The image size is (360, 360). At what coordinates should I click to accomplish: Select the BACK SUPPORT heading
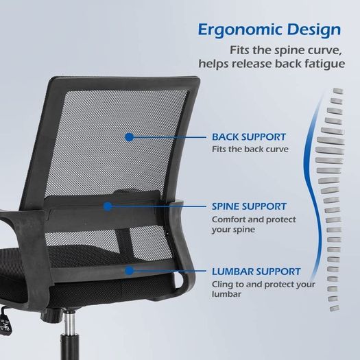[249, 137]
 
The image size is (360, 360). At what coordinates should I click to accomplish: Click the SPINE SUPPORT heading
[249, 206]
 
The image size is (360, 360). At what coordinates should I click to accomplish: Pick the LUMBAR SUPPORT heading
[256, 272]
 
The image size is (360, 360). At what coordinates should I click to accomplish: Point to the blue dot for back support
[130, 137]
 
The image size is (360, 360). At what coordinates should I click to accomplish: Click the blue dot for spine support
[108, 206]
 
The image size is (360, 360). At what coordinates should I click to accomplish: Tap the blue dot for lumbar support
[130, 271]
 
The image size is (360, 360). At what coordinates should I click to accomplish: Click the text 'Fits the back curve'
[250, 149]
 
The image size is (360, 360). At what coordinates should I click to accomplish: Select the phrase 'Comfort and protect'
[254, 219]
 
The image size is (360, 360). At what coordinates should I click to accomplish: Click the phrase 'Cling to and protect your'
[263, 285]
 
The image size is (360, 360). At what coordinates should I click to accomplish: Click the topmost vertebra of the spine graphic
[338, 91]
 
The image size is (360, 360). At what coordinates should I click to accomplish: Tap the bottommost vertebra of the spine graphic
[335, 309]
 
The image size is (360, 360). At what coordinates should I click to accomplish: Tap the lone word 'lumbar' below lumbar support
[226, 294]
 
